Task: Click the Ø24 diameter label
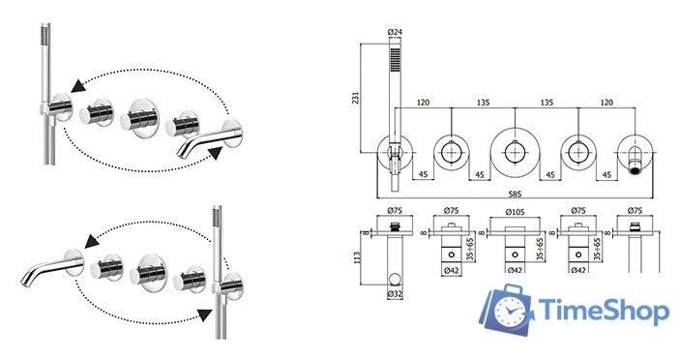[x=395, y=32]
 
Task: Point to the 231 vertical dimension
[x=356, y=98]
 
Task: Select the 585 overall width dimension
[x=515, y=194]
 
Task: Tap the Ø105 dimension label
[x=515, y=211]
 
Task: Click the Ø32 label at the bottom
[x=395, y=294]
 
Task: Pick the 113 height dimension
[x=357, y=259]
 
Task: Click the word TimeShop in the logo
[x=604, y=310]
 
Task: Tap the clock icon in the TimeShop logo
[x=511, y=311]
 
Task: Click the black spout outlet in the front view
[x=636, y=171]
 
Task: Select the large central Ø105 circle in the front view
[x=515, y=130]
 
